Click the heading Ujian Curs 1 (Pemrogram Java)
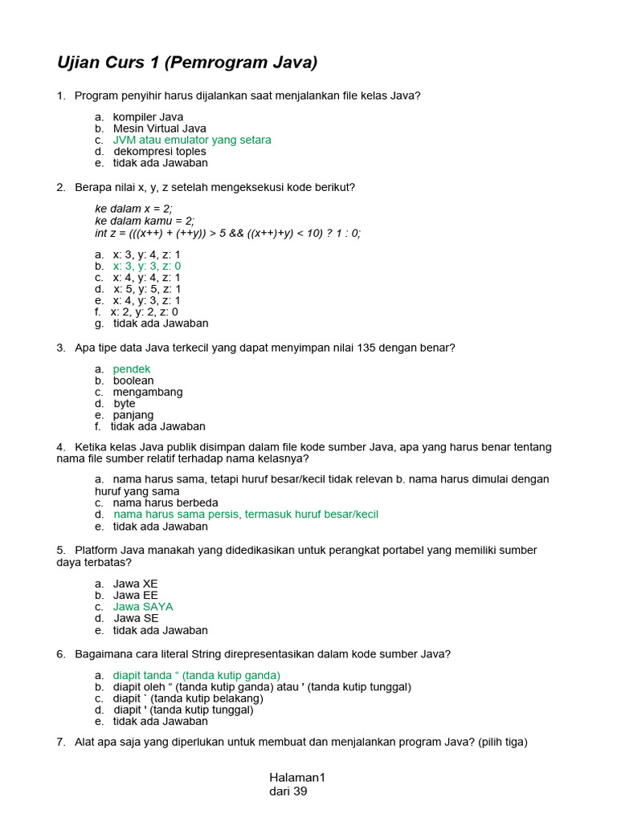click(x=187, y=63)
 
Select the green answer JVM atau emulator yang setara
click(x=192, y=140)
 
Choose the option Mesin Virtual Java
click(x=159, y=128)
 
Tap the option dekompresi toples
click(x=159, y=152)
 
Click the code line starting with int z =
click(x=227, y=234)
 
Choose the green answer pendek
click(x=132, y=369)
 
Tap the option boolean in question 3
click(x=133, y=380)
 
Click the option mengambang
click(x=148, y=393)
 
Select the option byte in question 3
click(x=125, y=404)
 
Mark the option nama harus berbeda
click(x=165, y=503)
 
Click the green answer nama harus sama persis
click(x=245, y=515)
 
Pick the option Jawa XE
click(x=136, y=584)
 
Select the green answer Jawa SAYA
click(x=143, y=607)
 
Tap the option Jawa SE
click(x=136, y=619)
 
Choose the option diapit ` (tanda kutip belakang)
click(x=188, y=698)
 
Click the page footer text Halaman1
click(x=296, y=778)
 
